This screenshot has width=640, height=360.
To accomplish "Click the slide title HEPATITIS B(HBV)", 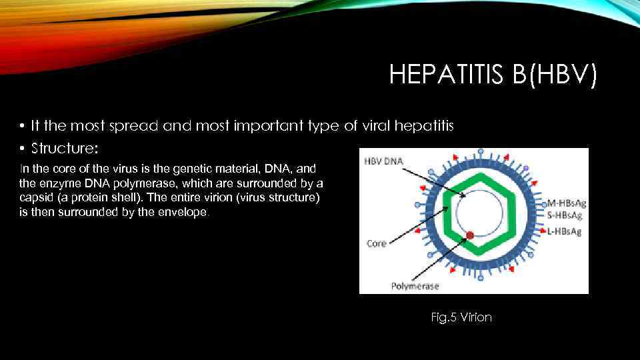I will pyautogui.click(x=493, y=75).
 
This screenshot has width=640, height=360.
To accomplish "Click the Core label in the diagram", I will pyautogui.click(x=377, y=244).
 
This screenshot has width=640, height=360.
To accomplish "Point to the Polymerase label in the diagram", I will pyautogui.click(x=415, y=286).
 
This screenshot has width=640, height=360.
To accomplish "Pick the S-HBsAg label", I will pyautogui.click(x=564, y=216).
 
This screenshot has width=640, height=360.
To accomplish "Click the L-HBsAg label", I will pyautogui.click(x=564, y=231).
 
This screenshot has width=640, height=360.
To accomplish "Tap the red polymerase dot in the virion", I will pyautogui.click(x=470, y=235).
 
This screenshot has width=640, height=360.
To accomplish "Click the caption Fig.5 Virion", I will pyautogui.click(x=461, y=317).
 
